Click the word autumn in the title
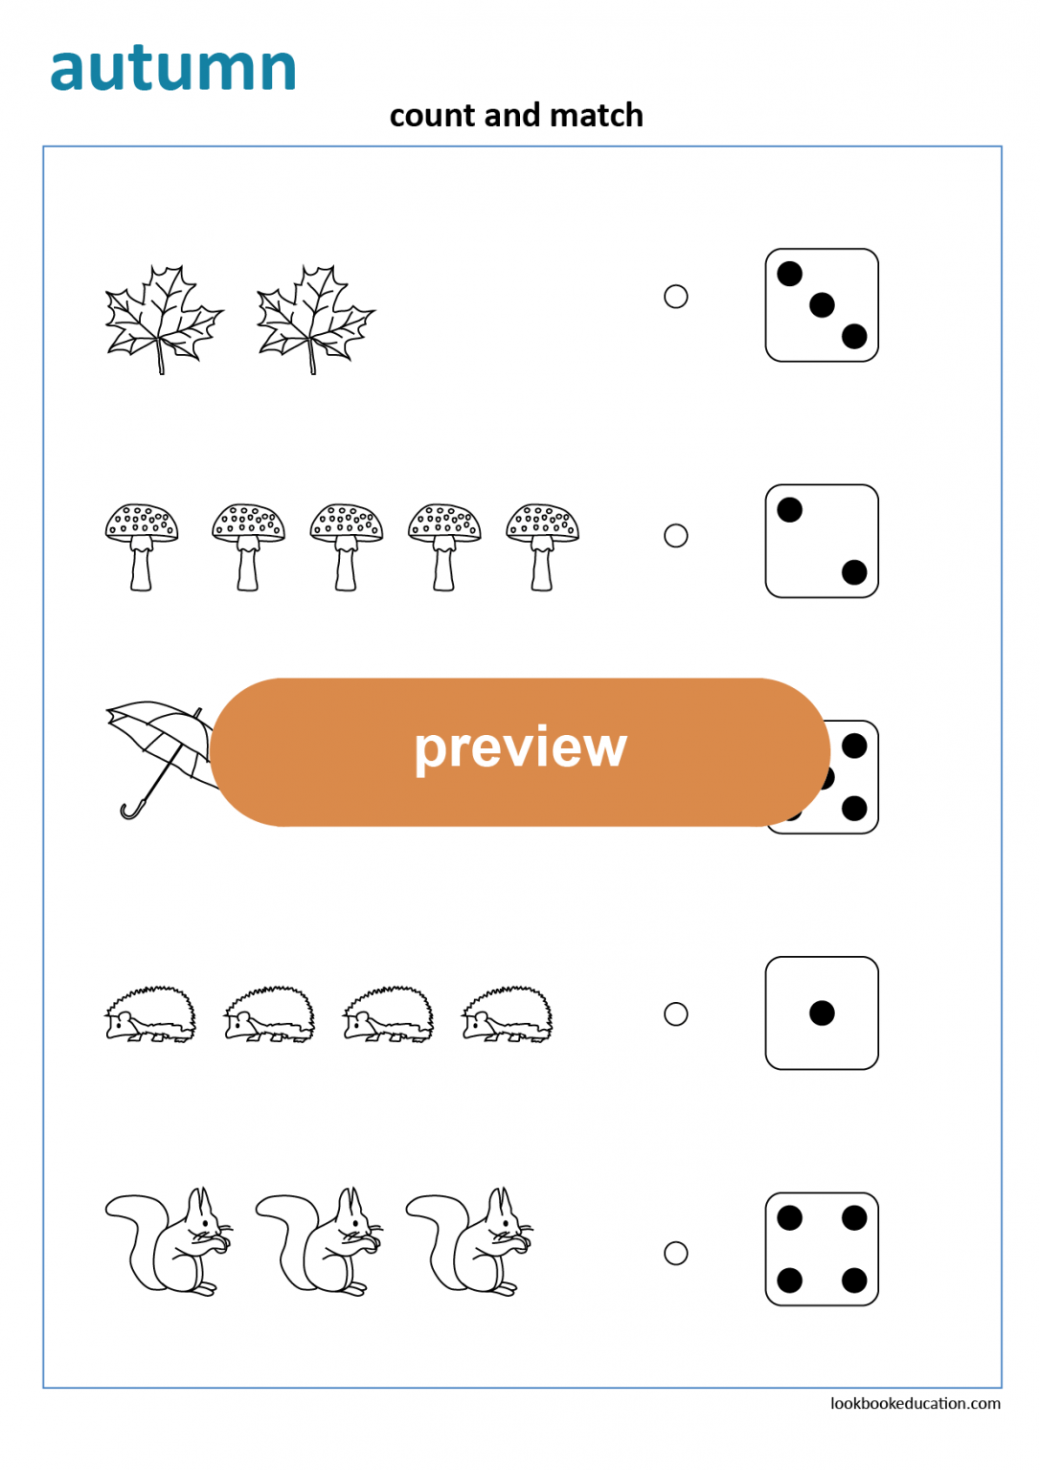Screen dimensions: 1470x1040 pyautogui.click(x=173, y=69)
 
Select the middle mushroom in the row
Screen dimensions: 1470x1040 pyautogui.click(x=347, y=546)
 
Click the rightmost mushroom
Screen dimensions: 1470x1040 pyautogui.click(x=542, y=546)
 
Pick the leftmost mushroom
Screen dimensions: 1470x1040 pyautogui.click(x=142, y=546)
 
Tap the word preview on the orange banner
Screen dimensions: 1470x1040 pyautogui.click(x=520, y=747)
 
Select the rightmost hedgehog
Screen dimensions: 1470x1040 pyautogui.click(x=508, y=1014)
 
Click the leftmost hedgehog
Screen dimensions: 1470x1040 pyautogui.click(x=150, y=1014)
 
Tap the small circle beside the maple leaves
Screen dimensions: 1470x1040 pyautogui.click(x=676, y=297)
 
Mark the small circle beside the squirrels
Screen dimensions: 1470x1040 pyautogui.click(x=676, y=1253)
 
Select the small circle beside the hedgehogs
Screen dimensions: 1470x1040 pyautogui.click(x=676, y=1013)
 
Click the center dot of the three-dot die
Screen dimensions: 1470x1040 pyautogui.click(x=822, y=305)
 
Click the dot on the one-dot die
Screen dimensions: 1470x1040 pyautogui.click(x=822, y=1013)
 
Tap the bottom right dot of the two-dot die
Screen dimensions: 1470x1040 pyautogui.click(x=854, y=572)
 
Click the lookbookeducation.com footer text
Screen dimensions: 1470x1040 pyautogui.click(x=915, y=1403)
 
